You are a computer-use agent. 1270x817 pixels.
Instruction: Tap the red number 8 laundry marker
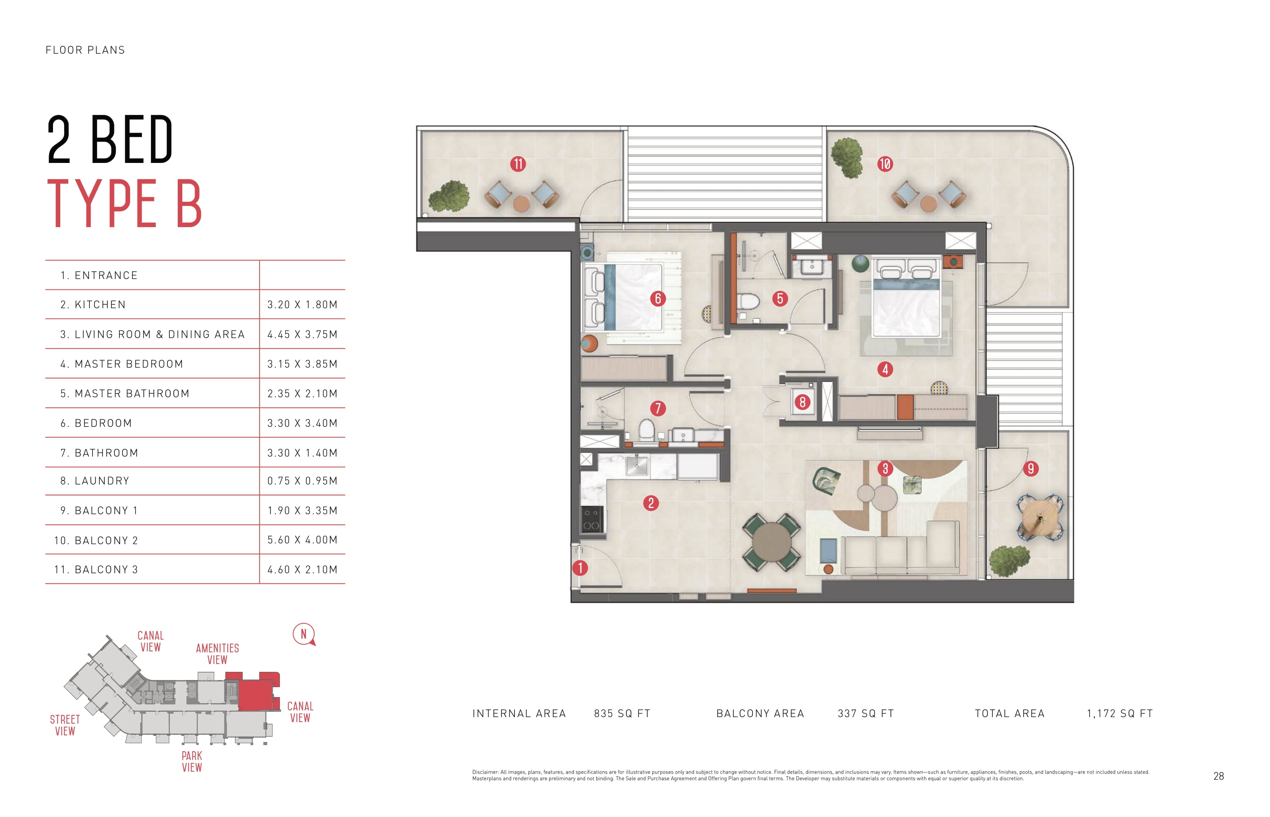pos(802,402)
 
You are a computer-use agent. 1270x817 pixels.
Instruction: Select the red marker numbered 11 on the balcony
pos(518,164)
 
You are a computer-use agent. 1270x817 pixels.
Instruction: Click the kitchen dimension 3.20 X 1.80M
pos(302,304)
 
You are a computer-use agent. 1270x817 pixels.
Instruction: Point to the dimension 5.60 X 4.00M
pos(302,540)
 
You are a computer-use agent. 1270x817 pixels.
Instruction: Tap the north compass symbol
pos(304,634)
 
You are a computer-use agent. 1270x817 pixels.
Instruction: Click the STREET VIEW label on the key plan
pos(65,725)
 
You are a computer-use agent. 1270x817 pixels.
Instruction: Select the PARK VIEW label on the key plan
pos(192,761)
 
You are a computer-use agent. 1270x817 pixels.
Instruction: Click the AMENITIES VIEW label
pos(217,654)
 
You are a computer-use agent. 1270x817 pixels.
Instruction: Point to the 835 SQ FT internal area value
pos(622,714)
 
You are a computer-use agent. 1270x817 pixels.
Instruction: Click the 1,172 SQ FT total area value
pos(1120,714)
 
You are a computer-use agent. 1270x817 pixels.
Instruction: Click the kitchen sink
pos(636,466)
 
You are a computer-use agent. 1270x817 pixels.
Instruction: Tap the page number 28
pos(1219,776)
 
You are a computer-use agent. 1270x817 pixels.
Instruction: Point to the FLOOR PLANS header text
pos(85,50)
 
